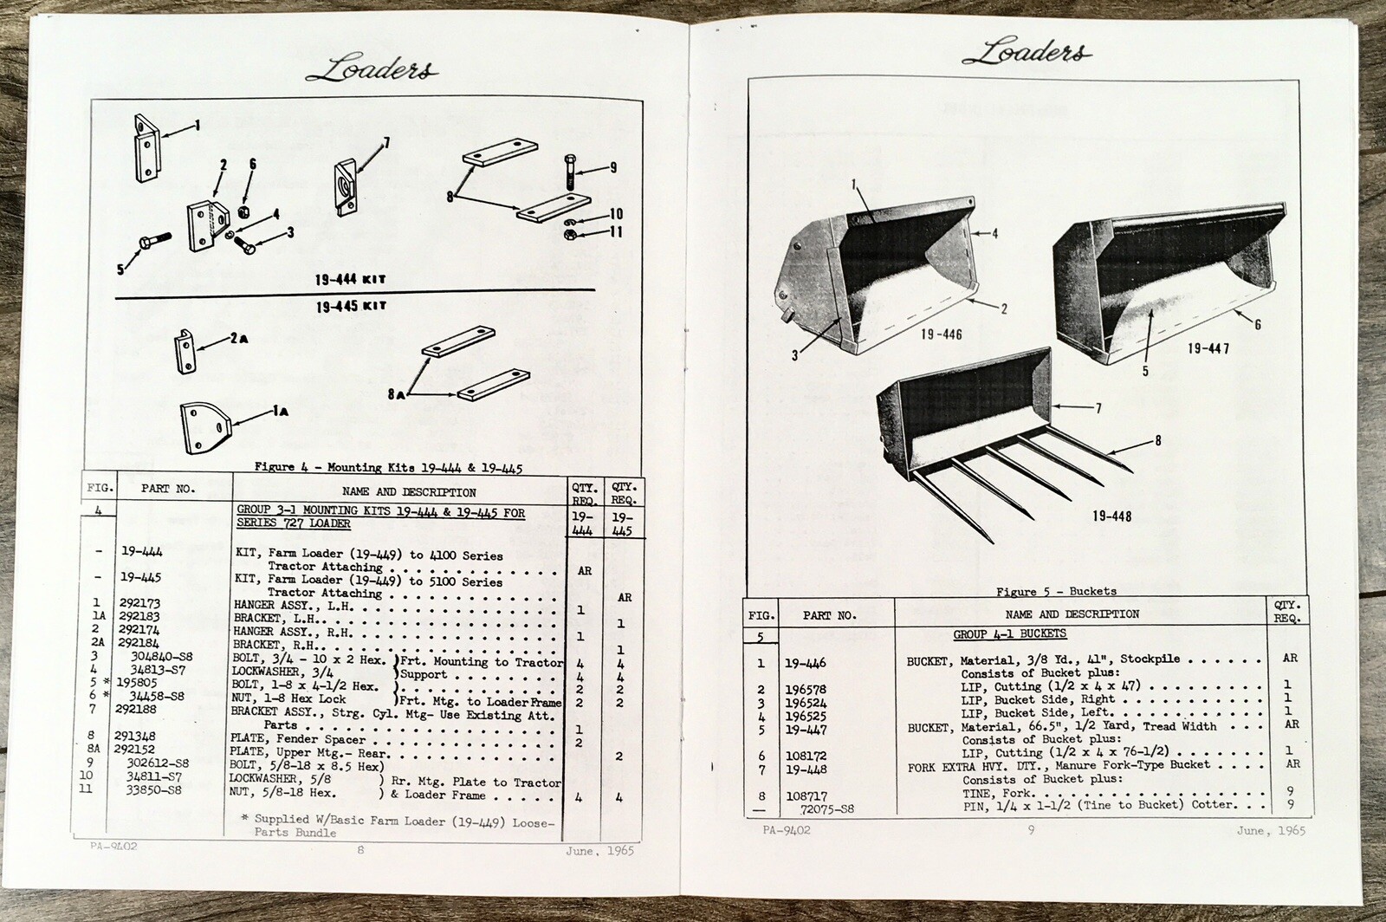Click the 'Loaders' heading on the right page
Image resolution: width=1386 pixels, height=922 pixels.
pos(1027,53)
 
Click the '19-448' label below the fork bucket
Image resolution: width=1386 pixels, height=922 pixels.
pos(1111,516)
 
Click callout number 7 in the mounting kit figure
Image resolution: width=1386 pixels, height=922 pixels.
pos(385,143)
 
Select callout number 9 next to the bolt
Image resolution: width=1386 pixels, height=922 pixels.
pos(612,168)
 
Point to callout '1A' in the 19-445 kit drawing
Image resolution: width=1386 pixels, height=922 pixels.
pos(280,415)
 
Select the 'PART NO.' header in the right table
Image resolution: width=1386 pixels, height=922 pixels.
pos(829,615)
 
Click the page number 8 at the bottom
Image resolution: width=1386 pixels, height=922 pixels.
pos(360,850)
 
